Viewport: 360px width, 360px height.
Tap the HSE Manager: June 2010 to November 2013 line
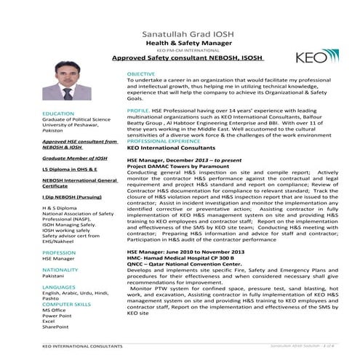click(182, 251)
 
